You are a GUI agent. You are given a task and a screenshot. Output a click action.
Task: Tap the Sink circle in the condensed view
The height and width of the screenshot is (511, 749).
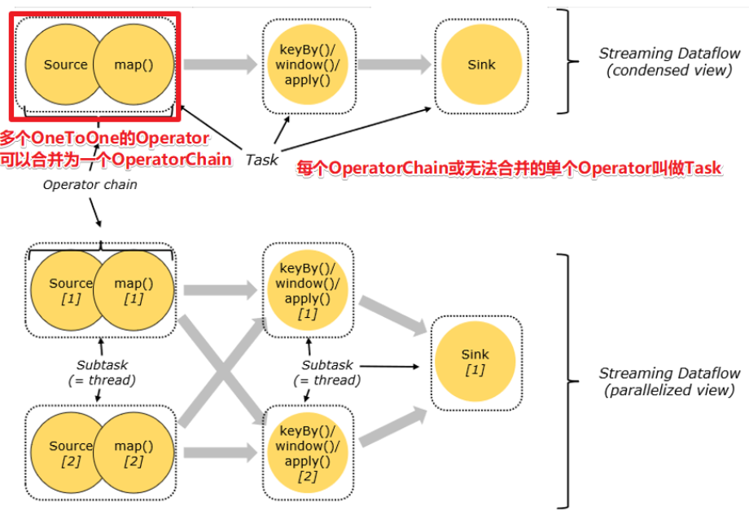[481, 65]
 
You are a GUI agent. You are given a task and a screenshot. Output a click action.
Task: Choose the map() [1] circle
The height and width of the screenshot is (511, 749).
[134, 291]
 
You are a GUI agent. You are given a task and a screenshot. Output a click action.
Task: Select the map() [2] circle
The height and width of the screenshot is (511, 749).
[134, 453]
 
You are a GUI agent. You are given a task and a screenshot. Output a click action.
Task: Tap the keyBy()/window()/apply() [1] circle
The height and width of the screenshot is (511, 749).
[308, 291]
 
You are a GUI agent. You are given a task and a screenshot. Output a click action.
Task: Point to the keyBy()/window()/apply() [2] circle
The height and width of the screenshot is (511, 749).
[308, 454]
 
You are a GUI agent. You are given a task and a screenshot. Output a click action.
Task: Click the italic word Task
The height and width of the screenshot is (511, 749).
[261, 161]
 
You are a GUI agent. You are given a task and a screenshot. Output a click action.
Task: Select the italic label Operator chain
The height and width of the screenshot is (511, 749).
[90, 184]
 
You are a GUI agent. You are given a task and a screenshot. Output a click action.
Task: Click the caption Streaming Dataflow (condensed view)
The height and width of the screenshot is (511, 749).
[669, 61]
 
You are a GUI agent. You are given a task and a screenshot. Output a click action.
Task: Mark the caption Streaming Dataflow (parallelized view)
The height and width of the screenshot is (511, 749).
[669, 381]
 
